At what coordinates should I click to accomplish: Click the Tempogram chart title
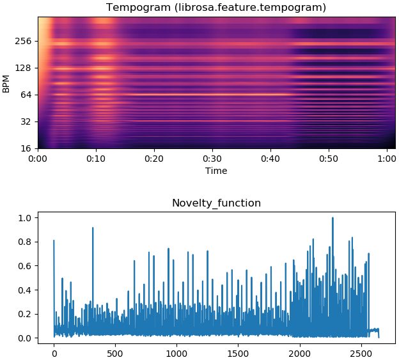pos(216,8)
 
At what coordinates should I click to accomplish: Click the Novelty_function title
pos(216,203)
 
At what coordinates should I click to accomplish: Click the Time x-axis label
pos(216,171)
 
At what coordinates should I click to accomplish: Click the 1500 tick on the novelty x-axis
pos(239,351)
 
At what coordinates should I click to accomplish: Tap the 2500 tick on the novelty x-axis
pos(361,351)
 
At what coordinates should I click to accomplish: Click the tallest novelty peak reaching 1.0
pos(332,219)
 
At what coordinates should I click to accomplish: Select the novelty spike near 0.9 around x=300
pos(93,228)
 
